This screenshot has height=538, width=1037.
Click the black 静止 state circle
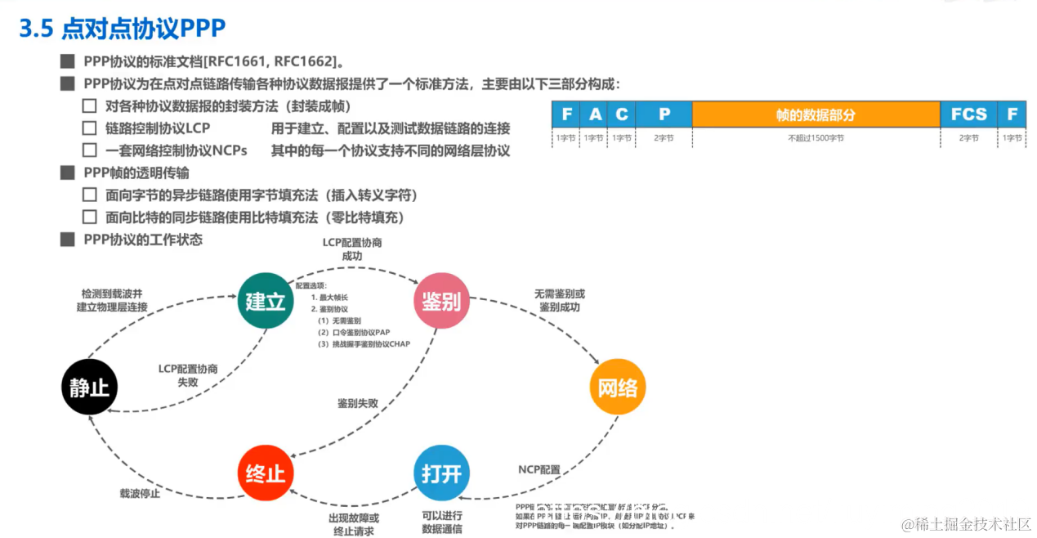(90, 386)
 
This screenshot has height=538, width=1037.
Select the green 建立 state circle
(266, 301)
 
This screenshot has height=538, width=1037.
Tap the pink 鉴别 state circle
(441, 301)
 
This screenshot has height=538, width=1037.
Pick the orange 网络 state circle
(618, 386)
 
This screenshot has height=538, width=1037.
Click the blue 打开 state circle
(441, 473)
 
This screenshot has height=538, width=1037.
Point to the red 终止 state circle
(266, 473)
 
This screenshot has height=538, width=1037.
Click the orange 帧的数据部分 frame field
(816, 114)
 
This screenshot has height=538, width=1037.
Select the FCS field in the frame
(968, 114)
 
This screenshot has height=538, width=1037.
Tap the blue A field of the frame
(595, 114)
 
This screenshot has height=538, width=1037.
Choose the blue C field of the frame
(622, 114)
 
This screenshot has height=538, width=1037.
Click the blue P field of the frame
(664, 114)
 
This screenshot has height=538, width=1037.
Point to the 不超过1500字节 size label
(816, 138)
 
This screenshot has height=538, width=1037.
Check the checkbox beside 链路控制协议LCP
(90, 128)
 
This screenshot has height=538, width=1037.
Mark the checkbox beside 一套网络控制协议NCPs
(90, 150)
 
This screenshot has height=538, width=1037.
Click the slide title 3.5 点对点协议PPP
(122, 29)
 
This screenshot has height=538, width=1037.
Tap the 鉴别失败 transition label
(358, 403)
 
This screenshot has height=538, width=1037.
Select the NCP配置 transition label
(539, 469)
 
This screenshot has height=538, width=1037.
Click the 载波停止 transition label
(140, 493)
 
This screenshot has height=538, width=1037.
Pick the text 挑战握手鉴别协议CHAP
(364, 344)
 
